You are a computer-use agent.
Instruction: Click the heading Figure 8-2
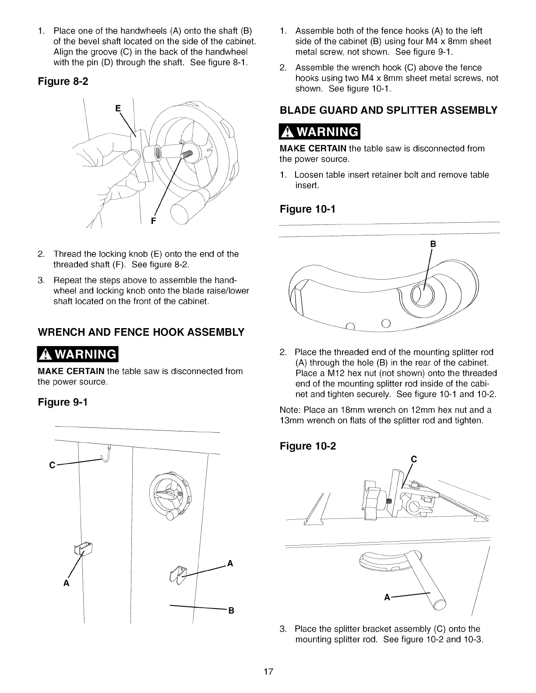(63, 82)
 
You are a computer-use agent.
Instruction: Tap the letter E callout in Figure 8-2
(117, 109)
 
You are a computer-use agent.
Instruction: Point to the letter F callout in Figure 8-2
(153, 221)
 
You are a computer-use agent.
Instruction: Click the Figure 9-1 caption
(63, 402)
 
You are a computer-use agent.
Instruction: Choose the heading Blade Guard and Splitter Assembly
(388, 110)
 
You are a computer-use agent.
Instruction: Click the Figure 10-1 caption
(307, 209)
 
